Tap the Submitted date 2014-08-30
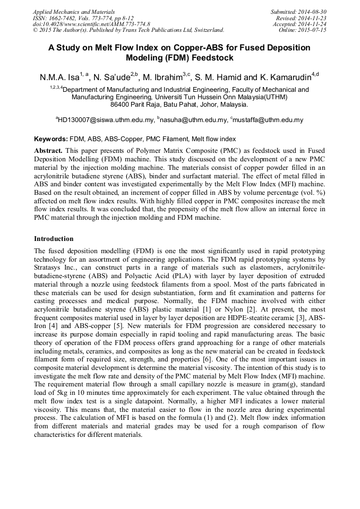click(x=314, y=11)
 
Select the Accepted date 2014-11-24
click(x=314, y=24)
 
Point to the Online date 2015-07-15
click(x=314, y=30)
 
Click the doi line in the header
click(x=91, y=24)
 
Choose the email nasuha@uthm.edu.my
click(x=193, y=120)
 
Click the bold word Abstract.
click(x=48, y=151)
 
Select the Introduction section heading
click(x=54, y=239)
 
